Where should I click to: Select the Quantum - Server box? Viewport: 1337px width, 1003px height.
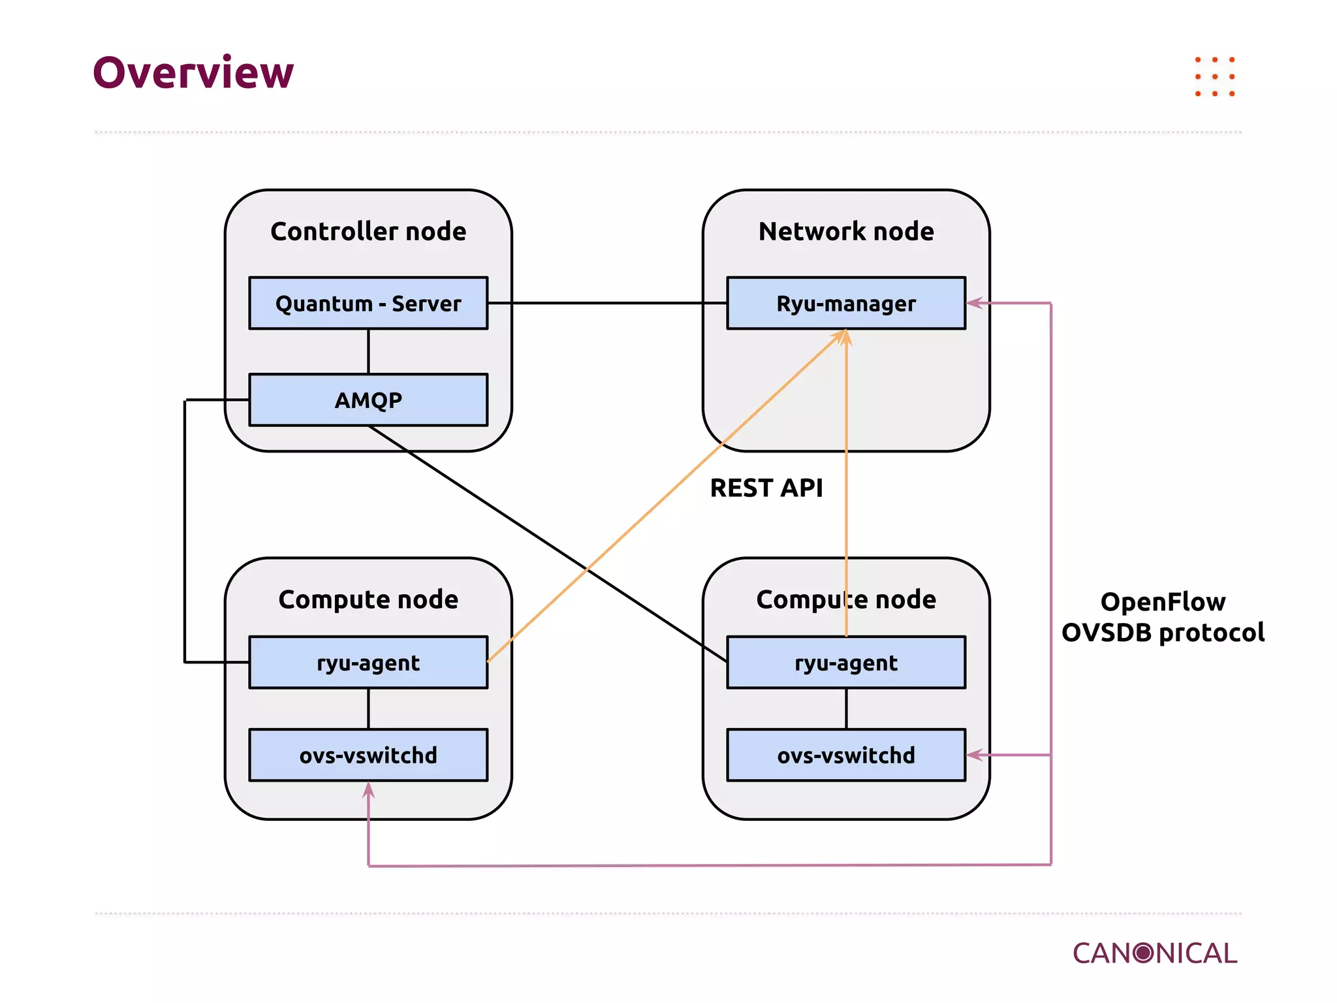click(x=368, y=304)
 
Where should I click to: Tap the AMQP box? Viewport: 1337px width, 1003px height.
click(x=368, y=400)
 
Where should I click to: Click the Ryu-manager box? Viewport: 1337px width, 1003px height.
click(x=846, y=304)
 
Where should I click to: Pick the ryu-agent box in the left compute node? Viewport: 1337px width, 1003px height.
click(x=368, y=663)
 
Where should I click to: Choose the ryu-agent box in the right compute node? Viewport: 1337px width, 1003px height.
click(x=846, y=663)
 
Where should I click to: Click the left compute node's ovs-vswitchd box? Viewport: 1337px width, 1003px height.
click(x=368, y=756)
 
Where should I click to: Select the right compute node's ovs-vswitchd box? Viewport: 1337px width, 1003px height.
click(x=846, y=756)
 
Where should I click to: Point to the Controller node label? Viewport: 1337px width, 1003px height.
click(x=368, y=231)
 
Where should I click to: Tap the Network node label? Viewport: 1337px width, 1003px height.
click(x=846, y=231)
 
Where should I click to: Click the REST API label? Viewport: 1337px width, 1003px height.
click(x=766, y=488)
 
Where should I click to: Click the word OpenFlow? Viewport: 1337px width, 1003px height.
click(x=1163, y=601)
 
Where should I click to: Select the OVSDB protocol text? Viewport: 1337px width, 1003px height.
click(x=1163, y=633)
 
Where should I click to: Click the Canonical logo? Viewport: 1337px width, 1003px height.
click(x=1154, y=953)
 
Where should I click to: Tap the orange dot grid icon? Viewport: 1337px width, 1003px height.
click(x=1214, y=77)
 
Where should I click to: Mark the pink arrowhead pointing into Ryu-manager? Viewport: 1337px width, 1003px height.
click(x=975, y=303)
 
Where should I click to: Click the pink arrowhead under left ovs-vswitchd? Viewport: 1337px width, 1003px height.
click(x=369, y=791)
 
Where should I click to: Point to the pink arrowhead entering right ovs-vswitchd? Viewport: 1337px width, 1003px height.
click(x=975, y=756)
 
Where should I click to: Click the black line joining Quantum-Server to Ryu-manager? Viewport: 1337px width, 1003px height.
click(x=607, y=303)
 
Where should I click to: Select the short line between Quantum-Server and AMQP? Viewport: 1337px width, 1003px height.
click(x=368, y=351)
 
